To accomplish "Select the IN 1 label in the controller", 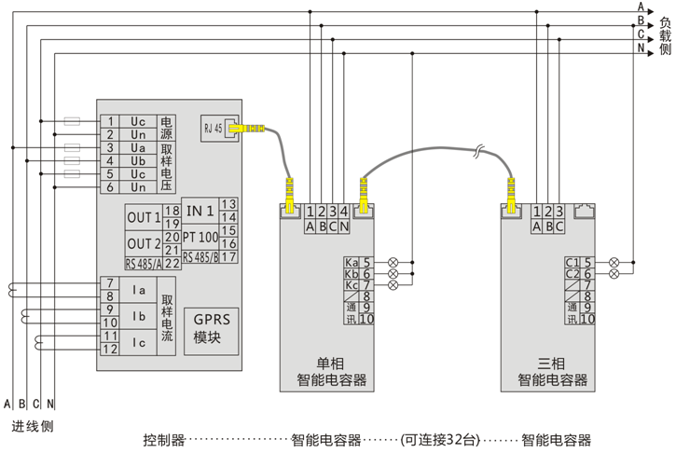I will [199, 210].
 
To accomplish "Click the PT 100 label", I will [200, 238].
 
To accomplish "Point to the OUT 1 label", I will [145, 217].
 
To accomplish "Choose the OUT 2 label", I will [145, 243].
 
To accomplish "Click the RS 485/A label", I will [144, 264].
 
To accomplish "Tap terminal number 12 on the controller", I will [110, 350].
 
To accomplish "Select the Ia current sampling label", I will [140, 290].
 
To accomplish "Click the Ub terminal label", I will [137, 161].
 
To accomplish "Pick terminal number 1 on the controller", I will [110, 122].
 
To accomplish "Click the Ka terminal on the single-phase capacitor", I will [352, 262].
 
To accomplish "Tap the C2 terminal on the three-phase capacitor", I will [572, 274].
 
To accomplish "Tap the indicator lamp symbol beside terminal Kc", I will [393, 286].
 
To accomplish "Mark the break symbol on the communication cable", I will [479, 150].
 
